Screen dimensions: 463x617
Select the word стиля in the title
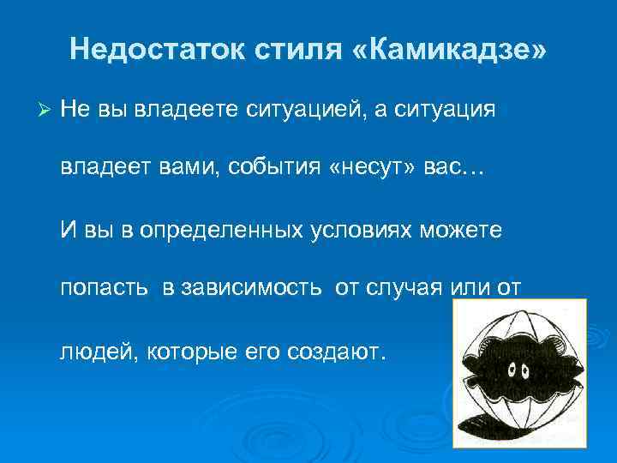coord(299,49)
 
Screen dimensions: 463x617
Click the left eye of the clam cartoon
coord(511,371)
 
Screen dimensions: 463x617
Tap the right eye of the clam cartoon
coord(524,371)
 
